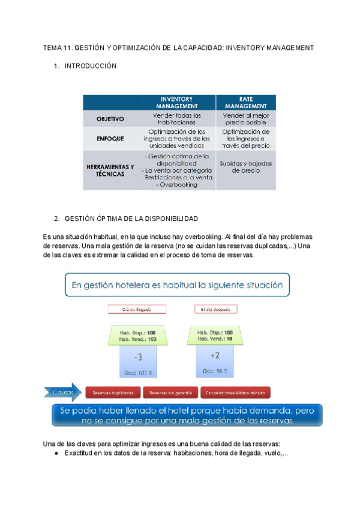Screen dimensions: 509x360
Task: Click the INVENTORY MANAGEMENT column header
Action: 176,102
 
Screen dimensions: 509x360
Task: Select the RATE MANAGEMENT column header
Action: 245,102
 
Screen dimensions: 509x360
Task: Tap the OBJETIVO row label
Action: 110,119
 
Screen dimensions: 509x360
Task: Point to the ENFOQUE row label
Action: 110,138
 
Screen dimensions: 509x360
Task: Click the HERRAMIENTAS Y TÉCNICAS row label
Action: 110,170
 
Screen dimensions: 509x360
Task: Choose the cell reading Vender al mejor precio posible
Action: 245,118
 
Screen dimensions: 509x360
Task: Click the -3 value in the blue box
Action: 138,357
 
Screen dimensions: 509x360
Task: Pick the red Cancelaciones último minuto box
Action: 236,393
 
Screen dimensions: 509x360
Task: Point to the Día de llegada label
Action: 137,310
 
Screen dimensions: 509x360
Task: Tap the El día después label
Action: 215,310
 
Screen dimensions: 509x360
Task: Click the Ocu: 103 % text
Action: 138,373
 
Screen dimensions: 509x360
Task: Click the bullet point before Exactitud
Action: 56,454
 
